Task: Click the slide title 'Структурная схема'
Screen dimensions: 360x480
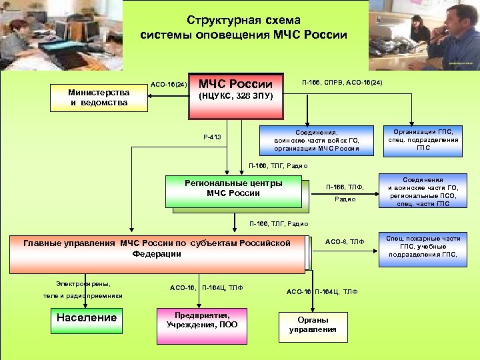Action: click(243, 21)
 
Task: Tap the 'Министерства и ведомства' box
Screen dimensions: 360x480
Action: click(99, 97)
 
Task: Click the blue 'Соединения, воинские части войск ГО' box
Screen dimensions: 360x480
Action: click(317, 140)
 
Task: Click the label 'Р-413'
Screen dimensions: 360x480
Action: click(212, 138)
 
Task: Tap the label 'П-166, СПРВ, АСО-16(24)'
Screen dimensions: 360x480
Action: click(342, 83)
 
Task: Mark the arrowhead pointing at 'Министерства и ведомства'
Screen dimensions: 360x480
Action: click(150, 97)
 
